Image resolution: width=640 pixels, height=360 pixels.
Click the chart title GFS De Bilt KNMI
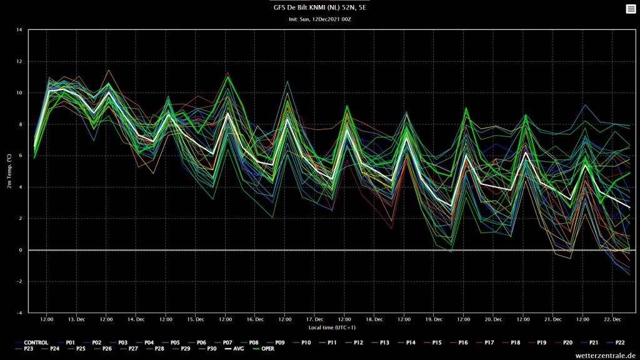coord(319,7)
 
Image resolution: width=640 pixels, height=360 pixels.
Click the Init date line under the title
coord(319,19)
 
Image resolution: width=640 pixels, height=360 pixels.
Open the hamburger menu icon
coord(631,9)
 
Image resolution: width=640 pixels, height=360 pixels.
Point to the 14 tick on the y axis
coord(19,30)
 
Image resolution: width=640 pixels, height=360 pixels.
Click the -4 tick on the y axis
coord(19,312)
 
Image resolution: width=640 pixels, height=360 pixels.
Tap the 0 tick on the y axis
coord(21,250)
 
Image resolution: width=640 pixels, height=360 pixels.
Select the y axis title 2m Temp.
coord(9,171)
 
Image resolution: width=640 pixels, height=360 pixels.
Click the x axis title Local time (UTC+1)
coord(332,327)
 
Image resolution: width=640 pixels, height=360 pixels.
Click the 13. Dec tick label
coord(76,319)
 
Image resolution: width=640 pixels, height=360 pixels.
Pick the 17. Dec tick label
coord(315,319)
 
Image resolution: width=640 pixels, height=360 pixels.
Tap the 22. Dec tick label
coord(612,319)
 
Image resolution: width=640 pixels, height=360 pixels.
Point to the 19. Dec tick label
coord(434,319)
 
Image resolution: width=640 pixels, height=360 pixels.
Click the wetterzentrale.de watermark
coord(605,356)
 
